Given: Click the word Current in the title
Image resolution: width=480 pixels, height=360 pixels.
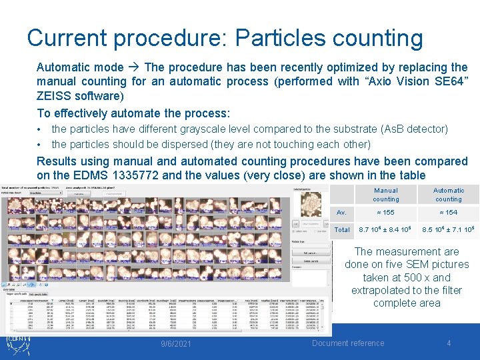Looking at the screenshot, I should point(65,38).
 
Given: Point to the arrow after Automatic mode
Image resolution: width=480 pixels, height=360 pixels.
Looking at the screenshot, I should point(133,67).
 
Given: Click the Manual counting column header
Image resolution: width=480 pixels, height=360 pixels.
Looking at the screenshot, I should point(386,195).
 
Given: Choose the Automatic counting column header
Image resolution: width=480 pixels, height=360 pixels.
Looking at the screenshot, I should point(449,195).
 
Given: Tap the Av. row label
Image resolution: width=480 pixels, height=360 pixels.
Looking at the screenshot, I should point(342,213).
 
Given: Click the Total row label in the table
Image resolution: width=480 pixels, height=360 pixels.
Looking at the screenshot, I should point(342,230).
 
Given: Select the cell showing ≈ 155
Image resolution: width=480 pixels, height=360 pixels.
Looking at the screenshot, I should point(385,213).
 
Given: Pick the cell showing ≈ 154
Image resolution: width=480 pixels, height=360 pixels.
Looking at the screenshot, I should point(448,213).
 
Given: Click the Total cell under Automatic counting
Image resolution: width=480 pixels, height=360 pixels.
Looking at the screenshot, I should point(448,230).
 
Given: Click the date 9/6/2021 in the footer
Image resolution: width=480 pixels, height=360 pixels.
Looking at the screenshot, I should point(176,344).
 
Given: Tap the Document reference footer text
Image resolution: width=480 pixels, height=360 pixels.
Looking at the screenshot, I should point(349,343).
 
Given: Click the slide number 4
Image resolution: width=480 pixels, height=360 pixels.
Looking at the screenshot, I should point(449,343).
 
